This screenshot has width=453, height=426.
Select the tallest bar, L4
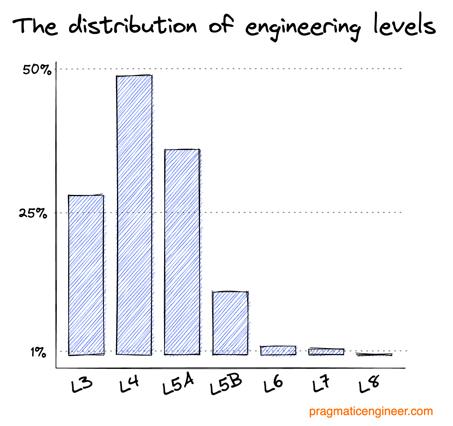(x=134, y=215)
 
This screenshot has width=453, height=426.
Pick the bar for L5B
(x=230, y=323)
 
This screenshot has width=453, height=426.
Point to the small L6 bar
(x=278, y=351)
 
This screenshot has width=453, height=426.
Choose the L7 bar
(x=326, y=352)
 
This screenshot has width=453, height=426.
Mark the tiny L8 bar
(x=374, y=355)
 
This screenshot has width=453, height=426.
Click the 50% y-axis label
(x=37, y=70)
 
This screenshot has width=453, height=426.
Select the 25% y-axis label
(x=33, y=213)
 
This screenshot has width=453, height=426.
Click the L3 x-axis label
(x=82, y=385)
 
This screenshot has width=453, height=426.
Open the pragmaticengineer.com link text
(x=371, y=411)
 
